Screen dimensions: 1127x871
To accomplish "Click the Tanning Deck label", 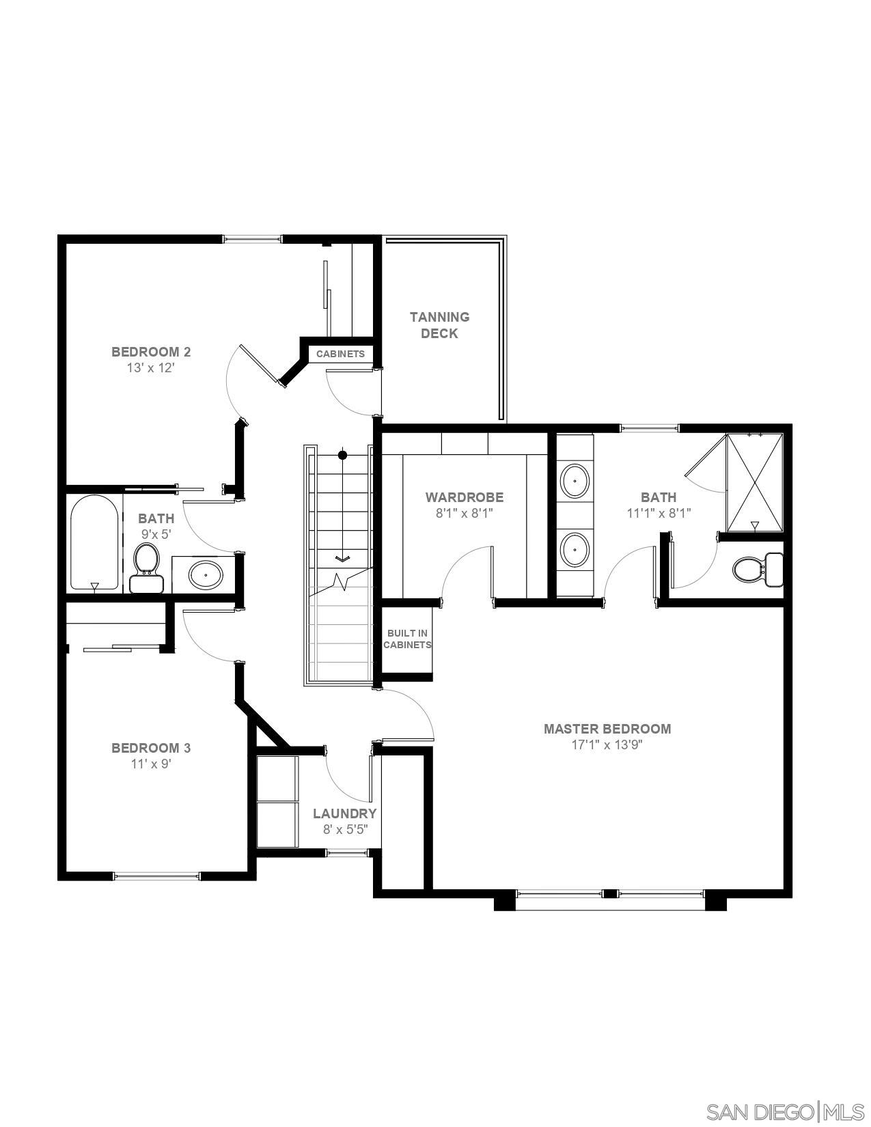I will tap(439, 325).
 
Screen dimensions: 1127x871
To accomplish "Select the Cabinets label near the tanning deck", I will tap(340, 354).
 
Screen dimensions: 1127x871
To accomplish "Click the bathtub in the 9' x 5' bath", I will tap(94, 543).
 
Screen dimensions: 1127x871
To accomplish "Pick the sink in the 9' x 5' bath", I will tap(205, 575).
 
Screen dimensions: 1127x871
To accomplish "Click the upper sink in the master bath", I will tap(575, 482).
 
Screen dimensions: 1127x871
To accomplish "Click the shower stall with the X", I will tap(754, 482).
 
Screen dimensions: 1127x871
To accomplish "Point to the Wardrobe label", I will tap(464, 497).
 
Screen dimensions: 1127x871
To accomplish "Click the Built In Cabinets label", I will tap(407, 639).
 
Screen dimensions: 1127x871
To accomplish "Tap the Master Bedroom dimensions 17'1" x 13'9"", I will tap(607, 745).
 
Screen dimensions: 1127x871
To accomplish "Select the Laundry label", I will tap(344, 813).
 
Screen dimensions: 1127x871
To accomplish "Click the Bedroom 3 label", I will tap(151, 748).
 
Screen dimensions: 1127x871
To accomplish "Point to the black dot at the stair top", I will tap(343, 455).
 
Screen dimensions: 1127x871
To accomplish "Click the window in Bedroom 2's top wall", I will tap(253, 239).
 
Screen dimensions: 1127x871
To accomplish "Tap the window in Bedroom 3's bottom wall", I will tap(156, 876).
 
